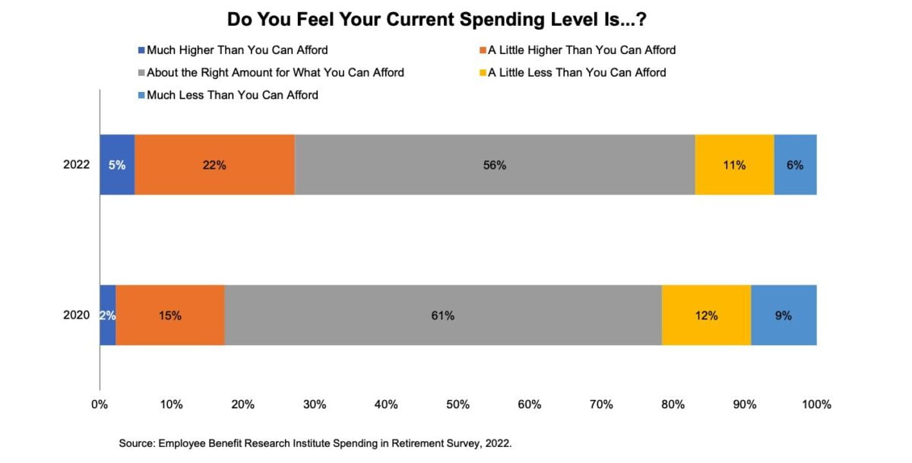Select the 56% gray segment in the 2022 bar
(495, 164)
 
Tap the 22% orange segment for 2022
(214, 164)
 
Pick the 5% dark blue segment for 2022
(117, 164)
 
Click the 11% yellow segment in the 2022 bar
(734, 164)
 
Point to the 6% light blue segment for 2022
(795, 164)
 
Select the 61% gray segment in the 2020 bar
(443, 315)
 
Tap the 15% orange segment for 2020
(170, 315)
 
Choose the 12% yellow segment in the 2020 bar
(706, 315)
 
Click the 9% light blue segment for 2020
(784, 315)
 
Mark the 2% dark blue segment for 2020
(108, 315)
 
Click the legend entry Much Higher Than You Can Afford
(233, 50)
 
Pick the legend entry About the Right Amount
(270, 73)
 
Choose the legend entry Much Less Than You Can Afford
(227, 96)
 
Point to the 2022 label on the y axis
(78, 164)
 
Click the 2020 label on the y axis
(78, 315)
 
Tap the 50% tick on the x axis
(458, 404)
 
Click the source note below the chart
(315, 442)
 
